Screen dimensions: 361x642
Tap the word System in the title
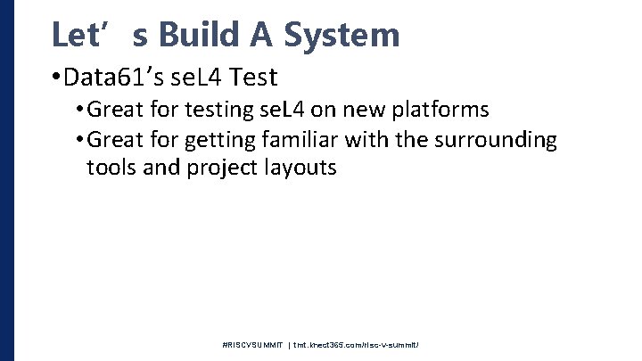(342, 35)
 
